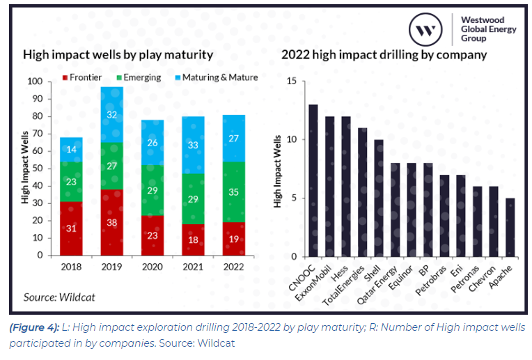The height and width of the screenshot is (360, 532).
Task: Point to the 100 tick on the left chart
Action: coord(33,81)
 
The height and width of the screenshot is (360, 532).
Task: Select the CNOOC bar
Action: coord(313,180)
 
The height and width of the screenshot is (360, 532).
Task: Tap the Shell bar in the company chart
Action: coord(380,198)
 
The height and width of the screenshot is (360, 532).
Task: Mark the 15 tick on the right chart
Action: coord(292,81)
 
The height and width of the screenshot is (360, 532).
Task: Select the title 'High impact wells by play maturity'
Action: coord(118,55)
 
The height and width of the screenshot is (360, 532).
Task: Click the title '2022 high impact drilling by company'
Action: coord(384,55)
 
